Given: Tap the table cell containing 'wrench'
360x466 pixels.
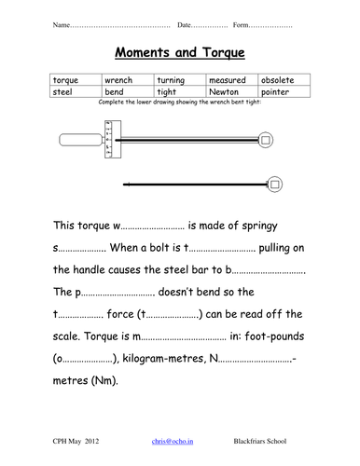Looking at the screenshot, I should tap(129, 81).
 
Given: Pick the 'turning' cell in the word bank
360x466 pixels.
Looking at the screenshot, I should tap(180, 81).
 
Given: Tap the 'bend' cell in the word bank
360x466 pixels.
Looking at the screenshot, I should tap(129, 93).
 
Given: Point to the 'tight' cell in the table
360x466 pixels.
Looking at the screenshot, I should tap(180, 93).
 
